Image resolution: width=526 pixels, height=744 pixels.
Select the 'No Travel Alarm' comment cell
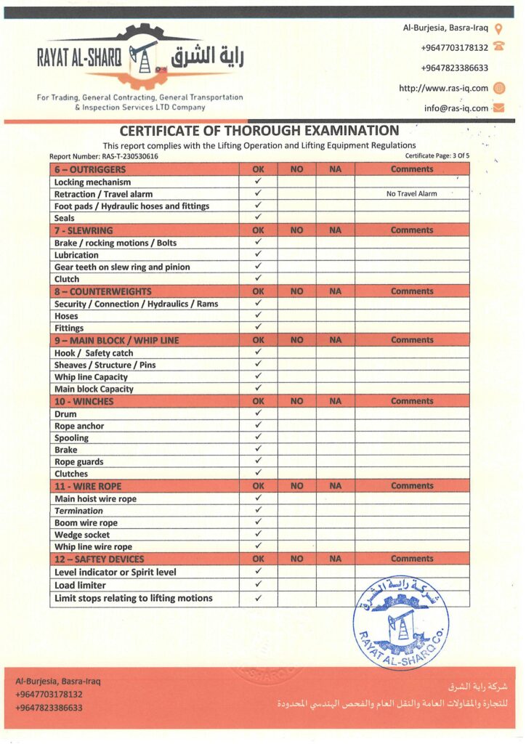(x=411, y=194)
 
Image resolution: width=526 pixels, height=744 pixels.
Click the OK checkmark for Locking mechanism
(x=258, y=182)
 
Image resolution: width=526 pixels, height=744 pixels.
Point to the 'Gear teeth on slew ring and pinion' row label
(x=122, y=267)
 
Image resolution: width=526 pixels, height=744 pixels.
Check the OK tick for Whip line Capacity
(x=258, y=376)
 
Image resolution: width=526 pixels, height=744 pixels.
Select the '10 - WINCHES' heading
(x=84, y=401)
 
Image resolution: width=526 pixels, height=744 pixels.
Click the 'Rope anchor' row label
(x=79, y=426)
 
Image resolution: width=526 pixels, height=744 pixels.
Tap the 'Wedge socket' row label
(x=82, y=535)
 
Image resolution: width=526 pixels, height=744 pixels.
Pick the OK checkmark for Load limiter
(x=258, y=584)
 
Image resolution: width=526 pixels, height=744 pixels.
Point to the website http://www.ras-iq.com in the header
(x=443, y=89)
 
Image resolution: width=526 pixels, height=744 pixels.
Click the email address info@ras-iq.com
(x=456, y=108)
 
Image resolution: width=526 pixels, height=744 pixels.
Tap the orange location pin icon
(x=498, y=29)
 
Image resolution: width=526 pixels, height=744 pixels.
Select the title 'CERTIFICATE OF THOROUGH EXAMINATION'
(x=259, y=131)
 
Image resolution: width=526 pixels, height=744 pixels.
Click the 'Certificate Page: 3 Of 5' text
(x=437, y=156)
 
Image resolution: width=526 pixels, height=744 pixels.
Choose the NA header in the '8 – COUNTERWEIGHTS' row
(x=335, y=291)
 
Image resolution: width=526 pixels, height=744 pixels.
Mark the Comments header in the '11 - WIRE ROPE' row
(x=411, y=486)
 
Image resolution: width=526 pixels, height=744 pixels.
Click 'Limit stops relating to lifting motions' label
(x=134, y=598)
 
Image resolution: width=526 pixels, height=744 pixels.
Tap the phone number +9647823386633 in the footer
(x=49, y=707)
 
